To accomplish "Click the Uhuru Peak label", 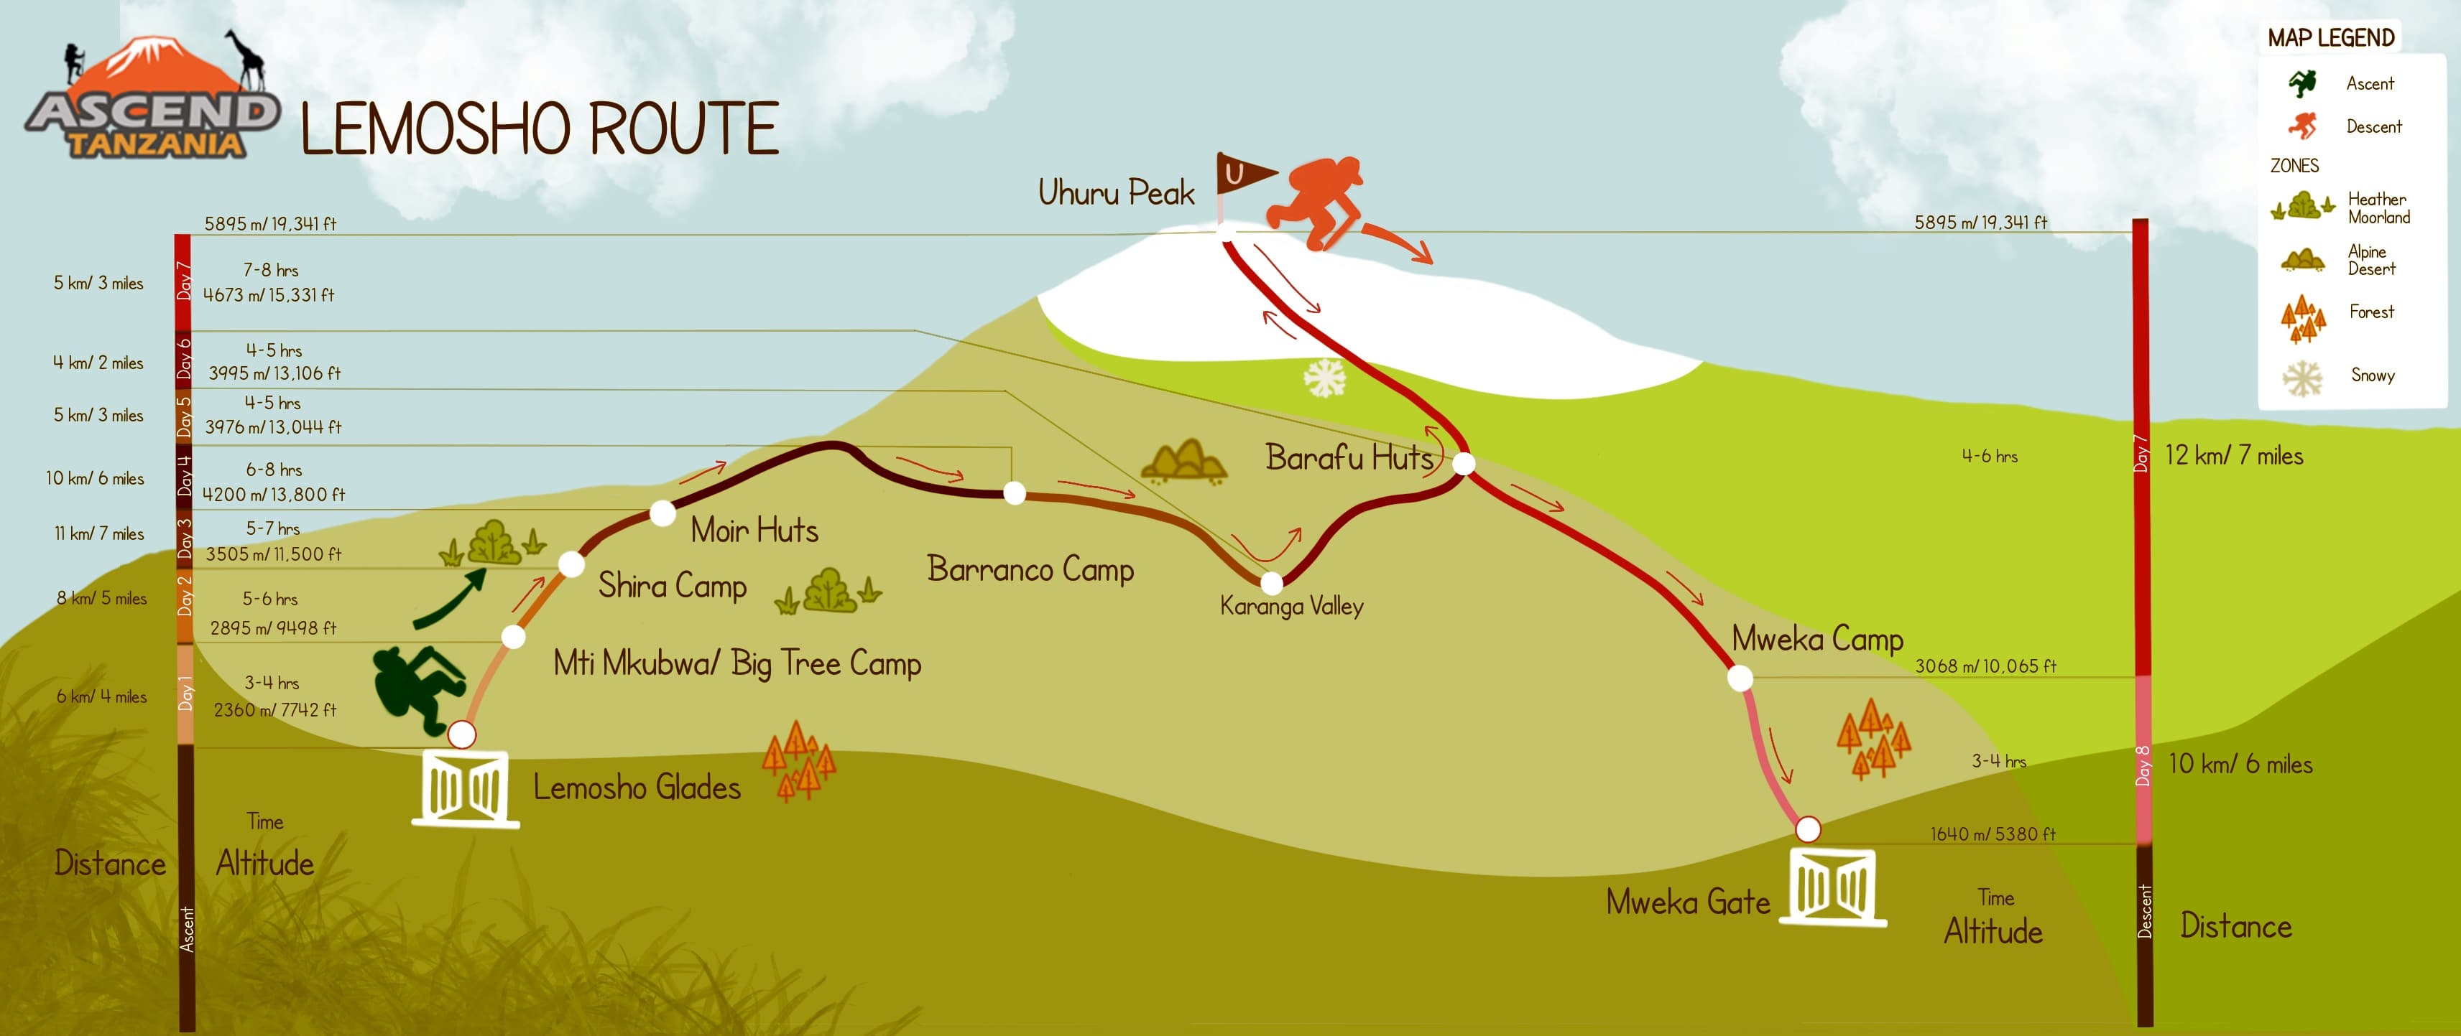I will [1116, 193].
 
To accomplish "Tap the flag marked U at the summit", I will [1242, 174].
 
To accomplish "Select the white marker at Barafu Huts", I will [1464, 464].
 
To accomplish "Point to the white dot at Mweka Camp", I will [1740, 679].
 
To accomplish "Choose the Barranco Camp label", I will [1030, 570].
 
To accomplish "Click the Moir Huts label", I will [754, 531].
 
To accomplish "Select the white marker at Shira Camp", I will [571, 564].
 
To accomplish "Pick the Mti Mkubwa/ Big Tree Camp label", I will [737, 663].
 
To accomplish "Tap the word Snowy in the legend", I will [2372, 375].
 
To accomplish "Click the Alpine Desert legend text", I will [2371, 260].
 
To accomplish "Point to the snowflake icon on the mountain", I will [1325, 378].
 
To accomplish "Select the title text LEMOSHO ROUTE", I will [540, 129].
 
